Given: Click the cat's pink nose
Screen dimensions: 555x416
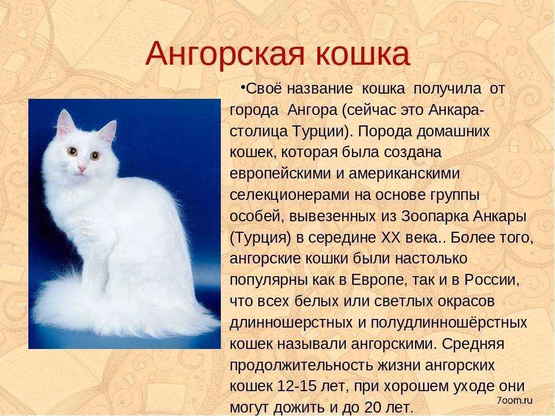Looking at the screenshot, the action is coord(82,169).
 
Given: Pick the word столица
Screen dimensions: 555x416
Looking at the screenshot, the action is coord(259,132).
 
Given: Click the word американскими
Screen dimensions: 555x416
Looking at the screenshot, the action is coord(404,174).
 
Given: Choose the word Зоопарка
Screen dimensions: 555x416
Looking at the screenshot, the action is coord(434,216).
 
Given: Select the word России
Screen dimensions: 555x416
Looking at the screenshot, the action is coord(491,280).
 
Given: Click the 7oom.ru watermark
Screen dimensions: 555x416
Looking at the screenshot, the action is coord(515,400).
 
